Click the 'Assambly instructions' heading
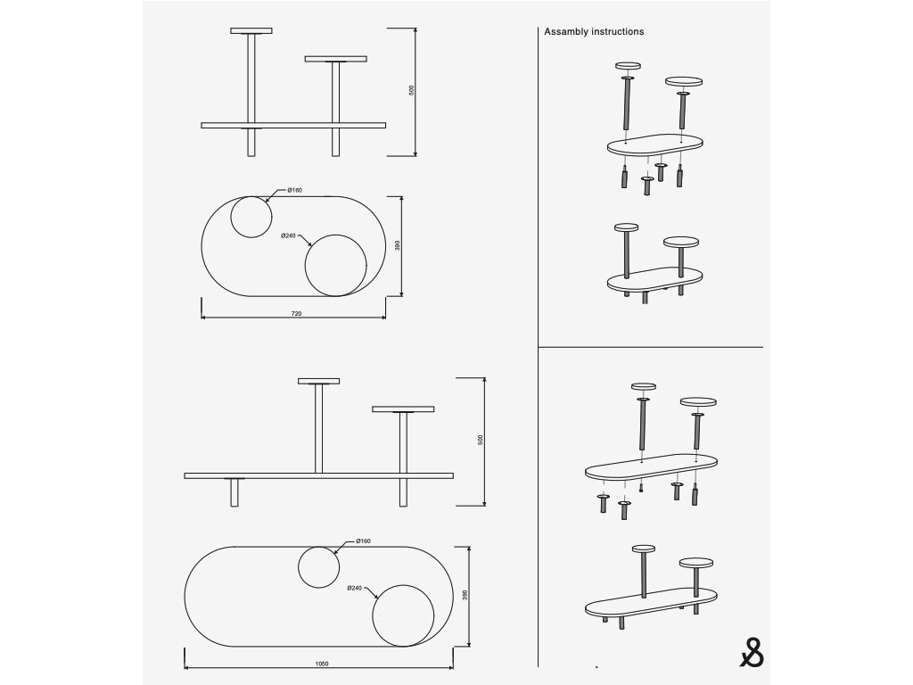point(594,31)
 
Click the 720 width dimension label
point(296,313)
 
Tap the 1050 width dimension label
point(321,664)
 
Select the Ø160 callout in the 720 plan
point(294,190)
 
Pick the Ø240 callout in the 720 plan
point(288,235)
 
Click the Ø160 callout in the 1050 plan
point(364,541)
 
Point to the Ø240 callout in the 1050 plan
point(355,588)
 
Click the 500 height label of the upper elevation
point(412,90)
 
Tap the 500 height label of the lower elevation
point(481,440)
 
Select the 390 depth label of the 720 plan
point(398,245)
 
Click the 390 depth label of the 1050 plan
point(465,595)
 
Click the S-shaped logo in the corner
point(752,653)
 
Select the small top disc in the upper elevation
point(251,31)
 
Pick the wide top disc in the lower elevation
point(403,409)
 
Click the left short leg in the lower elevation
point(234,492)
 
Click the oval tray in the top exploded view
point(655,145)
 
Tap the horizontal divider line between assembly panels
point(650,347)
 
